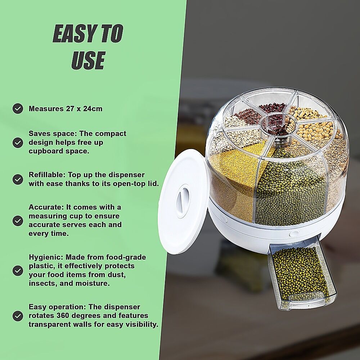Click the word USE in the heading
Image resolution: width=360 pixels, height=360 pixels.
click(89, 60)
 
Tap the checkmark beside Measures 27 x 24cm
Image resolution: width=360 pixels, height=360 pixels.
click(18, 109)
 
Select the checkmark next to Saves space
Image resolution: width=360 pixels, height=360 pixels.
click(18, 143)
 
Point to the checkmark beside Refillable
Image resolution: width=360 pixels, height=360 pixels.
click(18, 179)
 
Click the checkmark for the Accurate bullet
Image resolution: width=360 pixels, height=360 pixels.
click(18, 221)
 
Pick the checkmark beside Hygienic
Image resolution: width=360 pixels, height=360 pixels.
click(18, 271)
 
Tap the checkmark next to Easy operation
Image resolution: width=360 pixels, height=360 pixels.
click(18, 316)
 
